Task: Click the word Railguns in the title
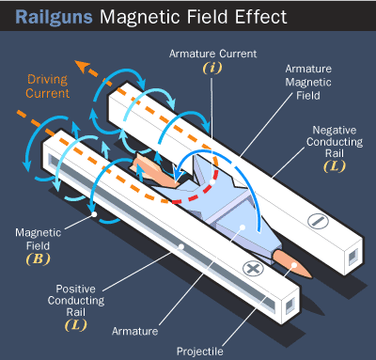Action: coord(54,17)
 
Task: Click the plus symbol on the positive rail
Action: coord(253,269)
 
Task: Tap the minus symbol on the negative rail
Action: coord(318,221)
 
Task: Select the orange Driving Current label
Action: coord(48,86)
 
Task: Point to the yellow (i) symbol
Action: coord(212,68)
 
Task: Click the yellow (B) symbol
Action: coord(39,259)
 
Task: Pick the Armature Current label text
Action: coord(212,54)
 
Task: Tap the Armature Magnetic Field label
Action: coord(308,82)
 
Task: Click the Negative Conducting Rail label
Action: coord(335,142)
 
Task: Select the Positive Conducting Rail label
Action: coord(76,301)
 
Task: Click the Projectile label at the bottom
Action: coord(200,352)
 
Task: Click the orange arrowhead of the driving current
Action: coord(83,66)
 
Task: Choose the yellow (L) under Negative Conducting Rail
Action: coord(335,166)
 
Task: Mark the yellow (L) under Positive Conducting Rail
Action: coord(76,325)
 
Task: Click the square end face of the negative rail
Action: coord(353,258)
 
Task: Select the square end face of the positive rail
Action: coord(290,305)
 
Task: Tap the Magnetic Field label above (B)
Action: coord(39,239)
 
